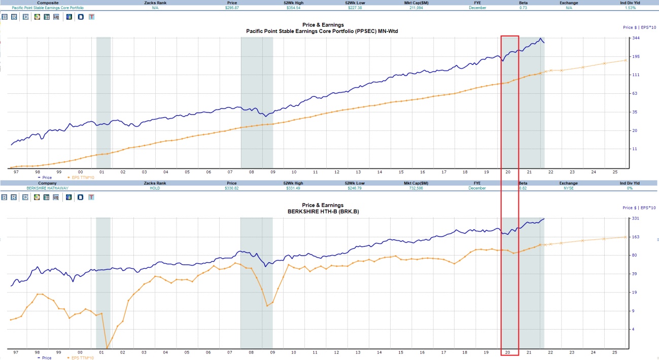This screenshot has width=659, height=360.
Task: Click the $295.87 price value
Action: click(232, 8)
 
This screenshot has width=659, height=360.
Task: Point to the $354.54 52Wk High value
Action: click(295, 8)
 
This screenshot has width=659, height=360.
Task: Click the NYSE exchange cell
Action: click(569, 188)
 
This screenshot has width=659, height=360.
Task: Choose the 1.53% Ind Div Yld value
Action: click(630, 8)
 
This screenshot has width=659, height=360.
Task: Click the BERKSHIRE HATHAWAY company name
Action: click(47, 188)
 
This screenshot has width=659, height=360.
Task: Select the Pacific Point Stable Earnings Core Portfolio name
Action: click(48, 8)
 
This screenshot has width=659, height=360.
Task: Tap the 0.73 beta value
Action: click(523, 8)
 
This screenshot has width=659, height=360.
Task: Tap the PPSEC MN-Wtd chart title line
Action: click(323, 30)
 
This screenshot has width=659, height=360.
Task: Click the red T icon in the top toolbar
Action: click(91, 17)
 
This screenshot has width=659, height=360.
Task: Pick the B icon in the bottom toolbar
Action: click(5, 197)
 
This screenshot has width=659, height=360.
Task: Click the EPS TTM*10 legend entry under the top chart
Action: click(83, 177)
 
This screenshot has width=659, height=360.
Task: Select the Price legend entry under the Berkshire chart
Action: click(45, 357)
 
